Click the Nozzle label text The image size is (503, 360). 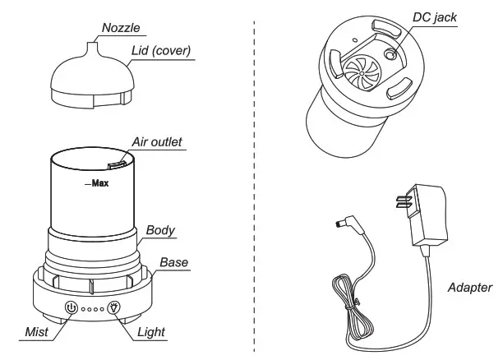point(120,27)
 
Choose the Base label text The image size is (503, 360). point(173,263)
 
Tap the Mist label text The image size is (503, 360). point(36,332)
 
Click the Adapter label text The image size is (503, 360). point(470,288)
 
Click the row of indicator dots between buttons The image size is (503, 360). point(92,310)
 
